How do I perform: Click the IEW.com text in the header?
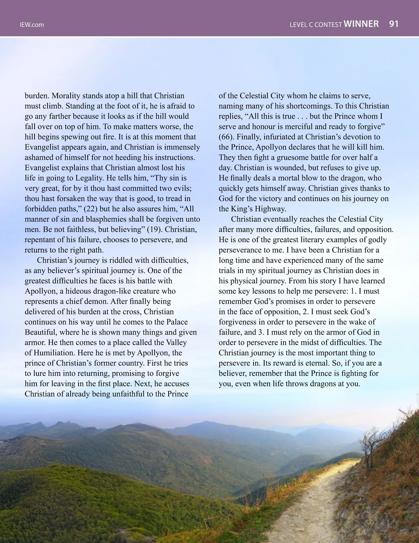(x=32, y=25)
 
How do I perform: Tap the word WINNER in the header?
(x=361, y=24)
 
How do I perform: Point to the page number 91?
(x=394, y=24)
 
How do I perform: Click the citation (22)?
(x=92, y=209)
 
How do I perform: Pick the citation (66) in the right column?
(x=227, y=137)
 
